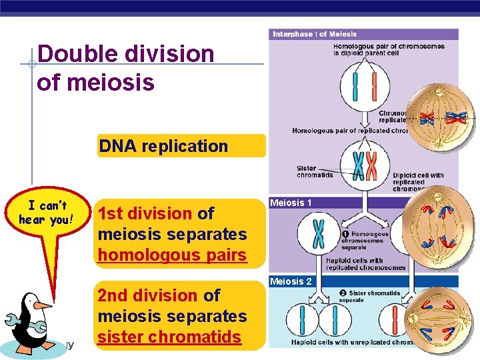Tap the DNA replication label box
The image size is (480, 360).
point(164,146)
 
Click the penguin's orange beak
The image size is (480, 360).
point(42,305)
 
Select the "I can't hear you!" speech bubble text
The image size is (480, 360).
point(46,213)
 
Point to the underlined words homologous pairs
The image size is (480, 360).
point(172,255)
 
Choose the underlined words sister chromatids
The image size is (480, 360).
point(169,337)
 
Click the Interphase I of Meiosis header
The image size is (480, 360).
point(314,34)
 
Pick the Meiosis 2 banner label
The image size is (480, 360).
point(290,281)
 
